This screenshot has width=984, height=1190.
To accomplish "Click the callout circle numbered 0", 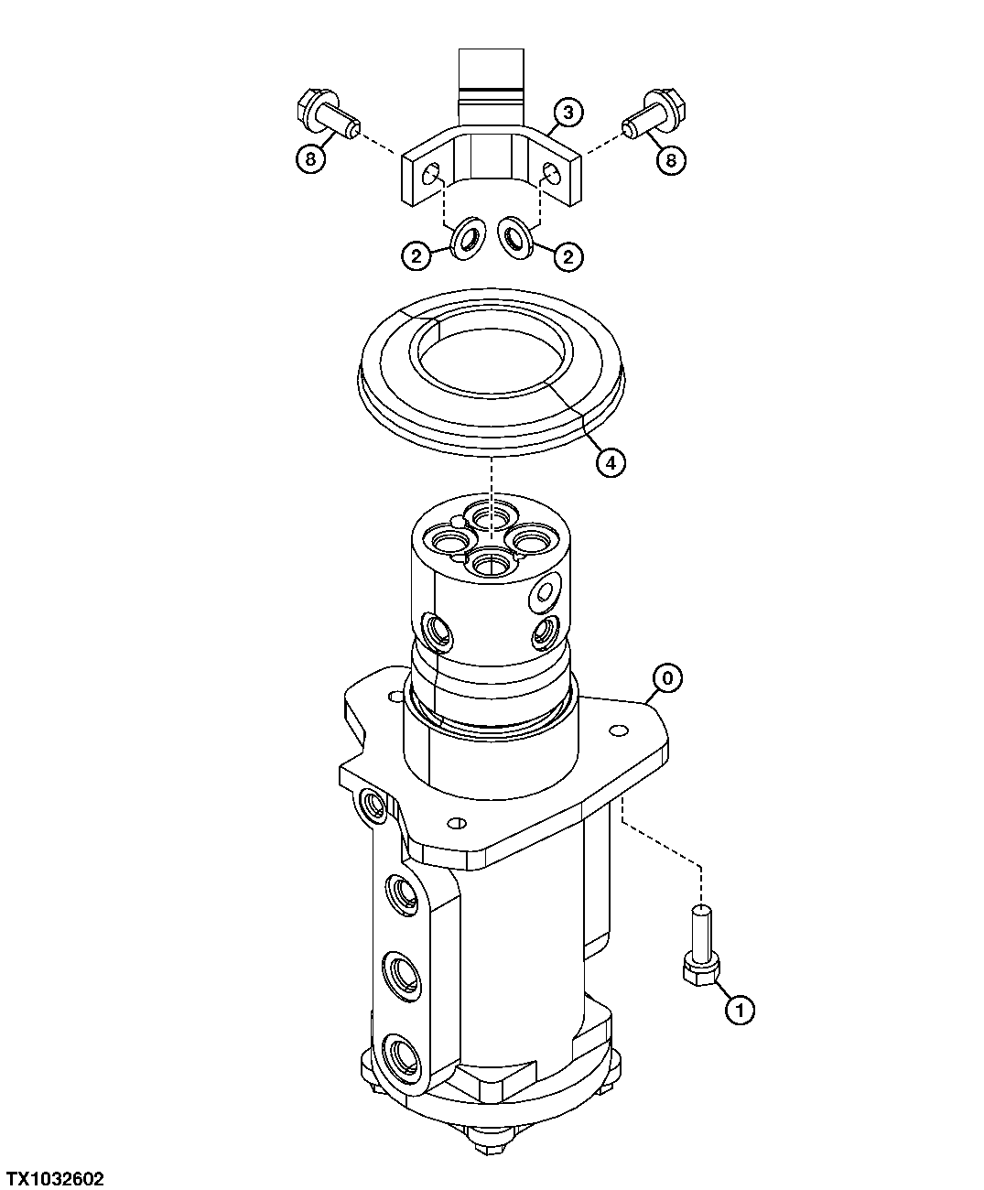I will point(667,678).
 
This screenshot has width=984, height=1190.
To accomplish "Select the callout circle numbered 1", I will point(740,1010).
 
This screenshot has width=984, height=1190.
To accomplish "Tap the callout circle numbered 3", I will point(568,113).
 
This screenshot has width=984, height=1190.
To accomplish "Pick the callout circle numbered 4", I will point(611,463).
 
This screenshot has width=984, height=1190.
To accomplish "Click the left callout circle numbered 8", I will point(310,159).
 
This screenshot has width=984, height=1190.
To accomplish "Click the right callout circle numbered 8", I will point(671,160).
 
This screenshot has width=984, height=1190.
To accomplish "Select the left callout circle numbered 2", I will point(416,257).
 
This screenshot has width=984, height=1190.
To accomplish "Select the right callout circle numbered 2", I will point(568,257).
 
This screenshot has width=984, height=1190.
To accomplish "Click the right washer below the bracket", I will point(515,238).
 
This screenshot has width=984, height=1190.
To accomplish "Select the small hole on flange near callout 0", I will point(620,730).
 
